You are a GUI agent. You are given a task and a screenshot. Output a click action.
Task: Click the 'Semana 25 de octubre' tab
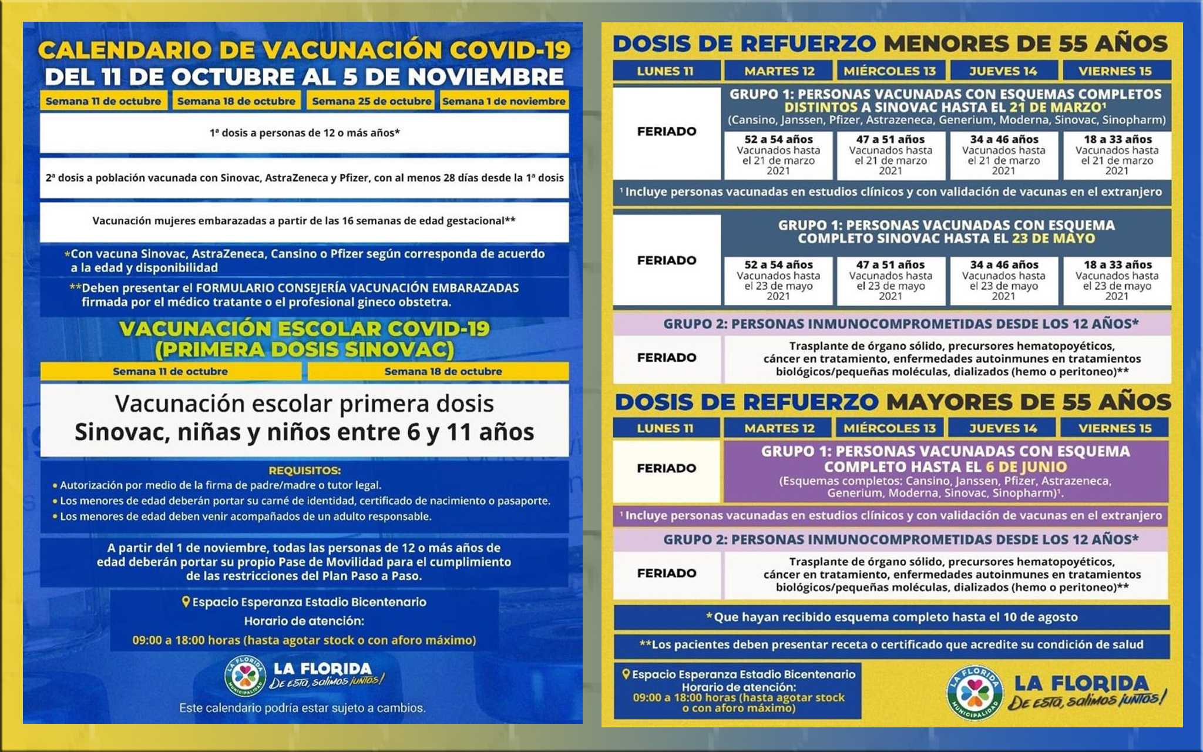pyautogui.click(x=371, y=101)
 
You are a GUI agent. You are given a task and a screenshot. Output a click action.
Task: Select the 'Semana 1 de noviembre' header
pyautogui.click(x=503, y=101)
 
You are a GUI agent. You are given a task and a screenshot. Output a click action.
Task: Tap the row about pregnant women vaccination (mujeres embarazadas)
pyautogui.click(x=304, y=221)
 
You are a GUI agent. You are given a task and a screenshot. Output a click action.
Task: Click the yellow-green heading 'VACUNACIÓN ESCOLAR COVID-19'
pyautogui.click(x=304, y=328)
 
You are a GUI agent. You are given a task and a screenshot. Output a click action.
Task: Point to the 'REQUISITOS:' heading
pyautogui.click(x=304, y=471)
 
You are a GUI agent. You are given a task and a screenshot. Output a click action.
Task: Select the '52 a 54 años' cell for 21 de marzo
pyautogui.click(x=778, y=155)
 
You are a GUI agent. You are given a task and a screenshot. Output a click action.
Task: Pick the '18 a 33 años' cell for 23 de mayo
pyautogui.click(x=1117, y=280)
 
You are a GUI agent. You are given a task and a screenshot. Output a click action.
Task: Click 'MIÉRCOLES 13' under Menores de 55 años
pyautogui.click(x=889, y=71)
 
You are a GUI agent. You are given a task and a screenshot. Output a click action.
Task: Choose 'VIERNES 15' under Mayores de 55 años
pyautogui.click(x=1114, y=428)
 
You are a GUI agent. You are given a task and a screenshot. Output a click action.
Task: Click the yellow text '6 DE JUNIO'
pyautogui.click(x=1026, y=467)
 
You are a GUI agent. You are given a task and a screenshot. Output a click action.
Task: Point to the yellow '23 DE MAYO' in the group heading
pyautogui.click(x=1053, y=239)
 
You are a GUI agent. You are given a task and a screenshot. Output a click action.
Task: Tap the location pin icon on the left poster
pyautogui.click(x=186, y=602)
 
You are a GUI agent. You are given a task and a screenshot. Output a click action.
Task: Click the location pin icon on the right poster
pyautogui.click(x=626, y=674)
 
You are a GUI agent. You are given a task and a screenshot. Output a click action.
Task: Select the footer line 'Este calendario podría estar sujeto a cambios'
pyautogui.click(x=302, y=708)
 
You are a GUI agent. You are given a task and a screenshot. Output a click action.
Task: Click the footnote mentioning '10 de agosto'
pyautogui.click(x=892, y=617)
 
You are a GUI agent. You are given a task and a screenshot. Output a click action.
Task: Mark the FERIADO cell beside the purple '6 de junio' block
pyautogui.click(x=666, y=468)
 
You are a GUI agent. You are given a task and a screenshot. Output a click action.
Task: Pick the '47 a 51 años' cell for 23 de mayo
pyautogui.click(x=890, y=280)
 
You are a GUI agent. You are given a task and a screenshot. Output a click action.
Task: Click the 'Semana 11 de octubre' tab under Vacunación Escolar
pyautogui.click(x=170, y=371)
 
